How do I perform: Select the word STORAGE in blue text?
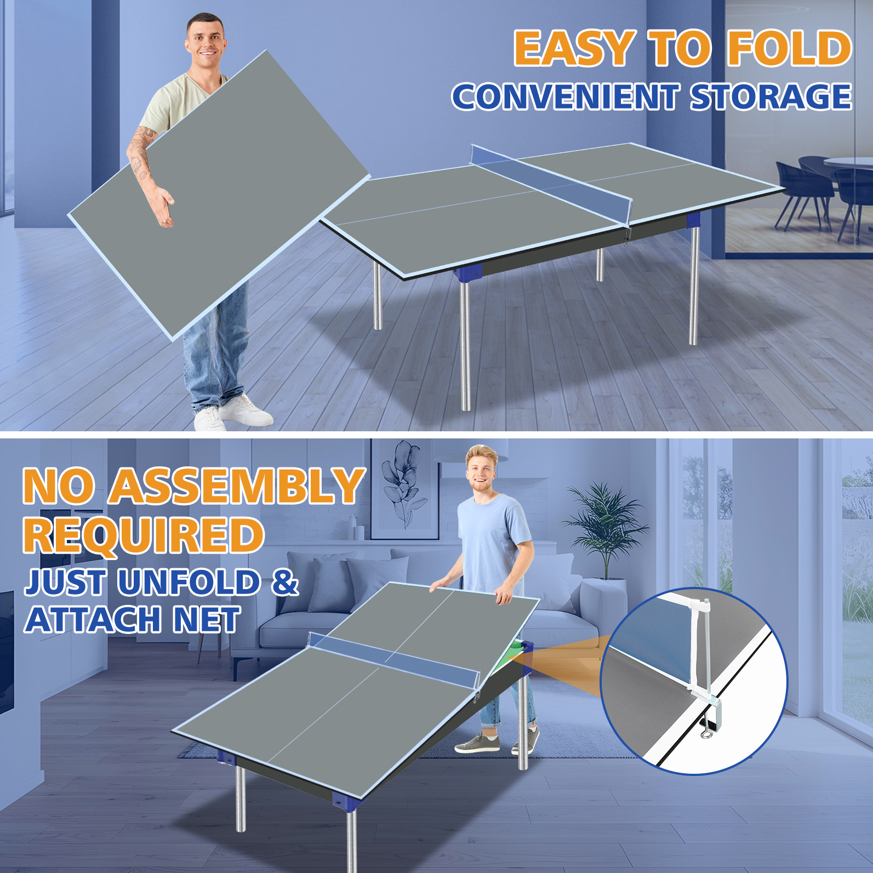pyautogui.click(x=771, y=96)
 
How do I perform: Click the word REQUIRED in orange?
pyautogui.click(x=144, y=535)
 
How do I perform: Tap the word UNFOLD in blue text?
pyautogui.click(x=189, y=581)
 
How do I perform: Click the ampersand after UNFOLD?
pyautogui.click(x=285, y=581)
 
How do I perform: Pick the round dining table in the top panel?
pyautogui.click(x=848, y=164)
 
